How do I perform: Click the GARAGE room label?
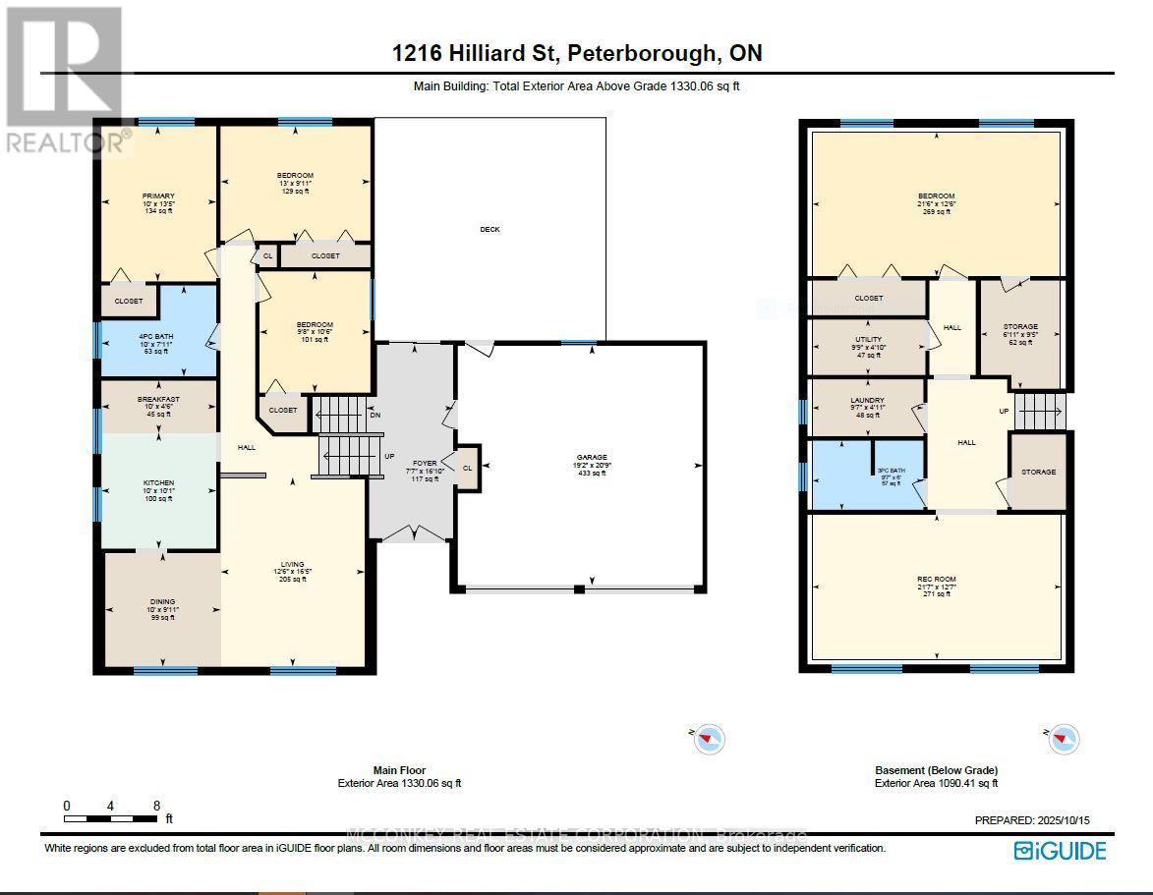click(591, 458)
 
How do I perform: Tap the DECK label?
click(490, 229)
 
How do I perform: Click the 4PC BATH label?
click(157, 334)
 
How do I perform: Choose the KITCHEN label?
click(158, 483)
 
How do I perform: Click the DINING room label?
click(162, 602)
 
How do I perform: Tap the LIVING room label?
click(292, 565)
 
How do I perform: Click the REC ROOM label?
click(936, 580)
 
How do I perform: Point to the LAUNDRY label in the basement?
click(868, 401)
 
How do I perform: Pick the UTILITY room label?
click(868, 340)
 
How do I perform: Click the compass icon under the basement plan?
click(1062, 738)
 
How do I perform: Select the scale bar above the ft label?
click(110, 817)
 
